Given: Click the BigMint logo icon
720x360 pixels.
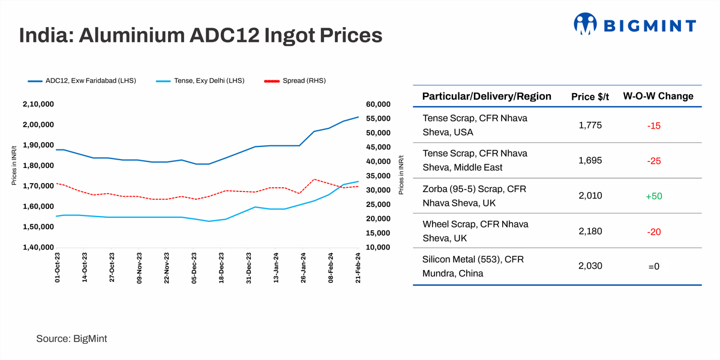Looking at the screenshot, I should tap(585, 25).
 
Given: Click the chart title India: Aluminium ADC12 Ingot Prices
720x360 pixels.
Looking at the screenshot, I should tap(200, 35).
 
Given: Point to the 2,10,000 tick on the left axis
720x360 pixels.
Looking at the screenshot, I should tap(38, 104).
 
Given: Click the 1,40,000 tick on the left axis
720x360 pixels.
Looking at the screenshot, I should tap(38, 247).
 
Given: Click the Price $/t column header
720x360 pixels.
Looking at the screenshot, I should tap(590, 97).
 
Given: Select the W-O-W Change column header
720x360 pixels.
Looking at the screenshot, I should tap(658, 97).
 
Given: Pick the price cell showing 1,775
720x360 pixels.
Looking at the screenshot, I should tap(590, 125).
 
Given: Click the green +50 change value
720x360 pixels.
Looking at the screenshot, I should tap(653, 196).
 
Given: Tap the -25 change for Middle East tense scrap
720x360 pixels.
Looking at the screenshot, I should tap(653, 161).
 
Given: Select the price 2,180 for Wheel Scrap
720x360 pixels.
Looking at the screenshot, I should tap(590, 231).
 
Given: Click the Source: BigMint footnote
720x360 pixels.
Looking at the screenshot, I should tap(71, 339).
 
